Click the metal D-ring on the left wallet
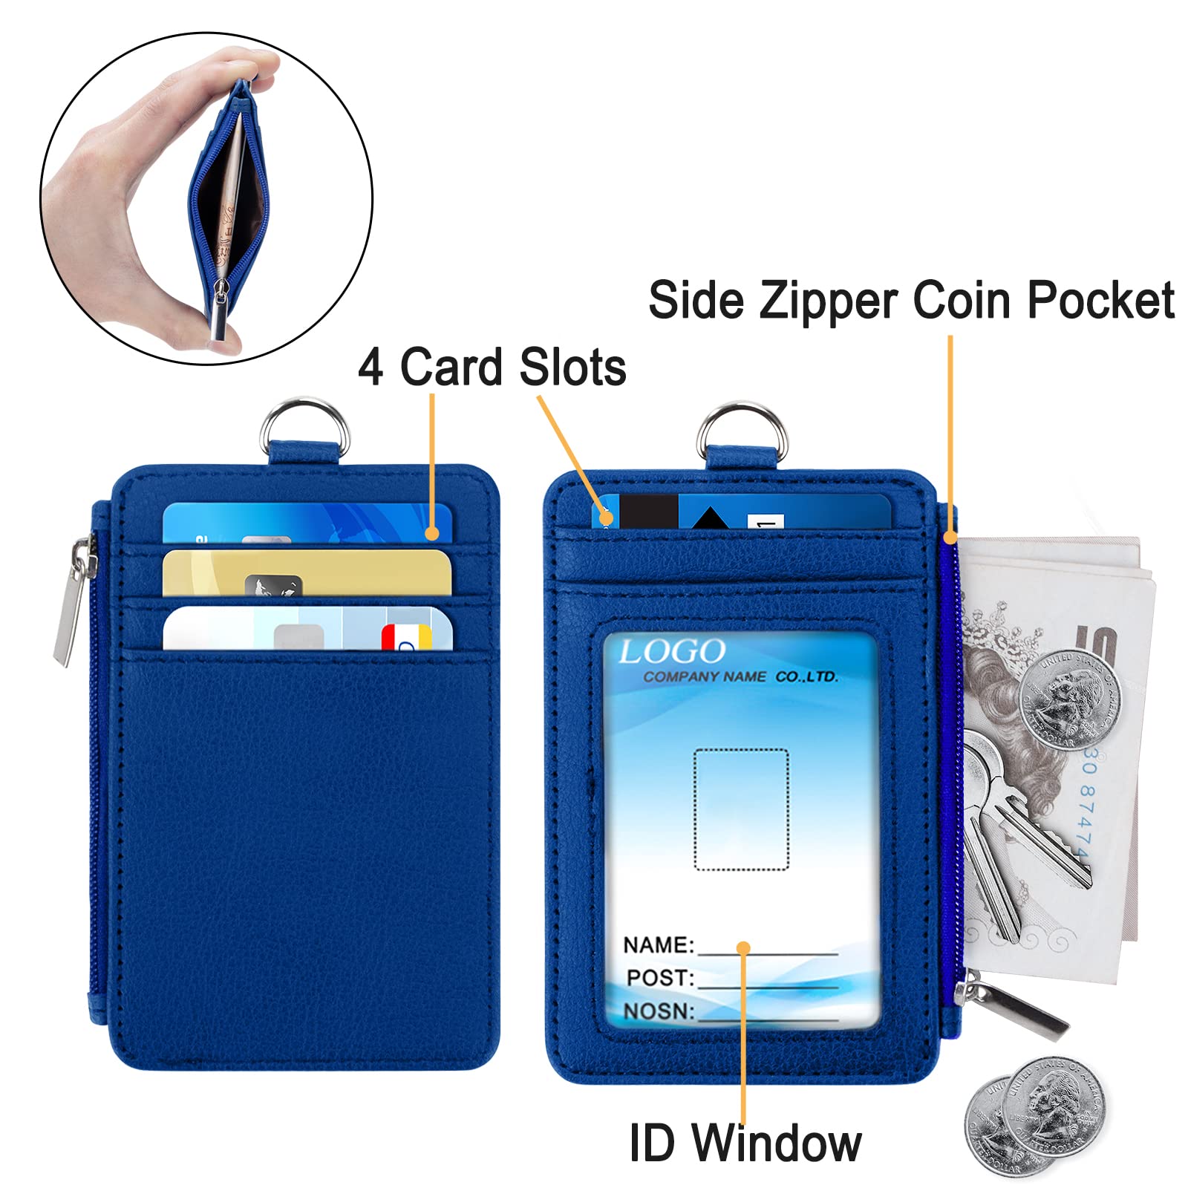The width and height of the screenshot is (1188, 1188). pyautogui.click(x=304, y=420)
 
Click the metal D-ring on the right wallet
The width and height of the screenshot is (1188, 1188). pyautogui.click(x=742, y=423)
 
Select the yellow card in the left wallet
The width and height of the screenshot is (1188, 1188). pyautogui.click(x=306, y=572)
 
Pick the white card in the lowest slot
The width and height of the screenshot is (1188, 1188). pyautogui.click(x=306, y=630)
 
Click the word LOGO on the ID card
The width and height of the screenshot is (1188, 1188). pyautogui.click(x=672, y=652)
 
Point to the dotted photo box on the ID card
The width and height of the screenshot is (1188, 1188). pyautogui.click(x=741, y=809)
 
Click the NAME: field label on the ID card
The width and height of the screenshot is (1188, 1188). pyautogui.click(x=658, y=945)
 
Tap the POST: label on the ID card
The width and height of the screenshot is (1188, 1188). pyautogui.click(x=659, y=978)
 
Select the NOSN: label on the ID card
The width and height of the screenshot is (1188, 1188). pyautogui.click(x=658, y=1011)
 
